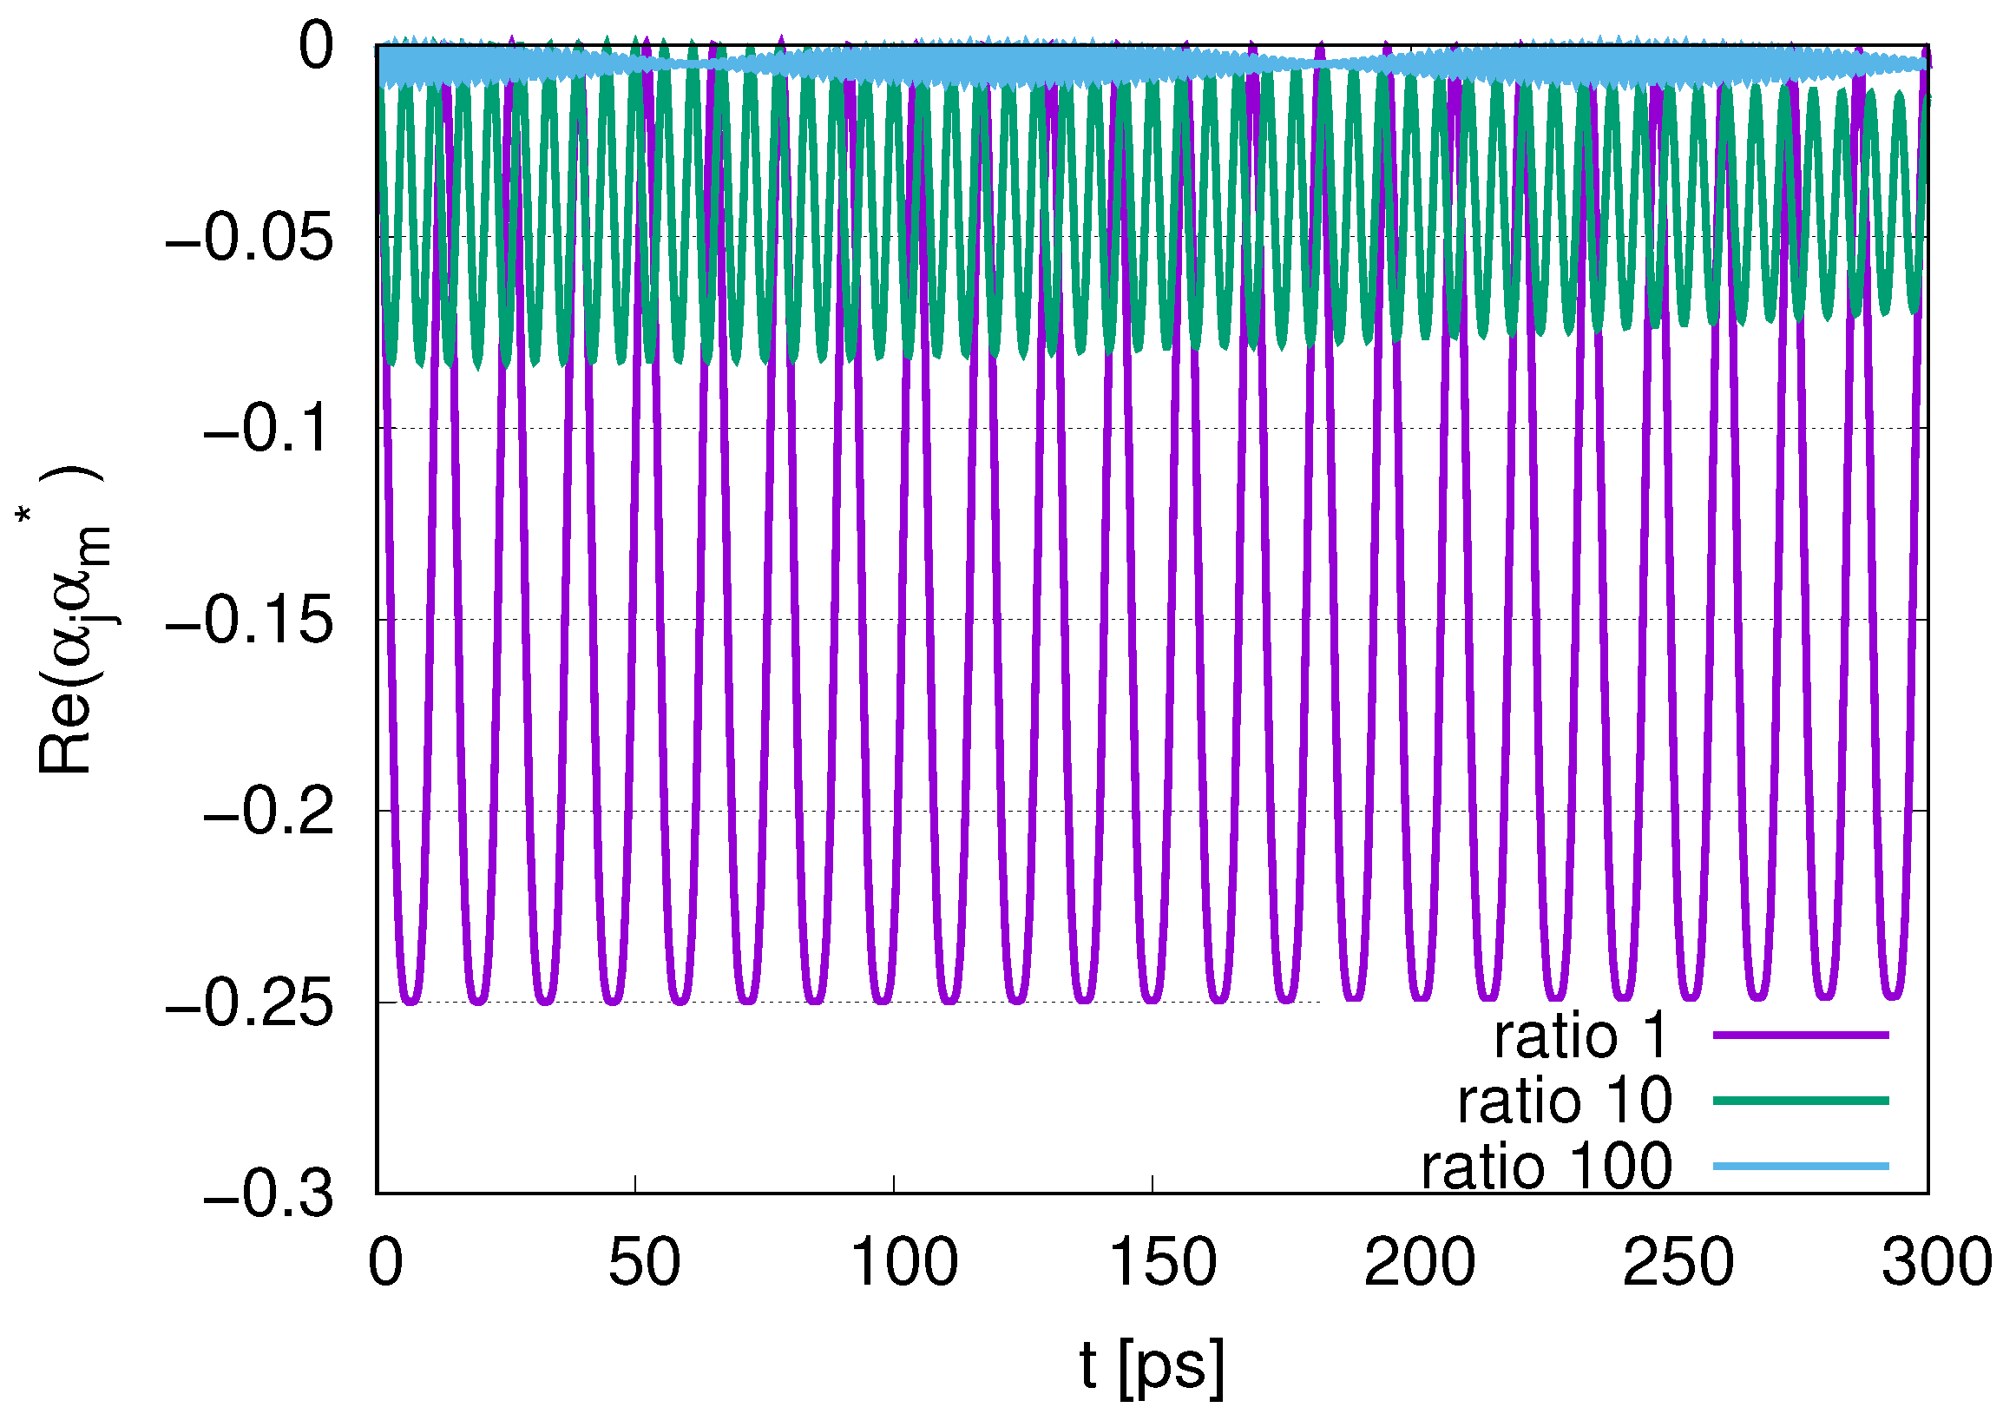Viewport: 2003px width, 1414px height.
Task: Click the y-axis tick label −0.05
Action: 249,237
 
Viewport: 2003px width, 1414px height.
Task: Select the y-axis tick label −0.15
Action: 249,622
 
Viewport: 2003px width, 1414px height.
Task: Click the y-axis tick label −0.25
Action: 249,1004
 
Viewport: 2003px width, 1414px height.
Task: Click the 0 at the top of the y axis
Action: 316,45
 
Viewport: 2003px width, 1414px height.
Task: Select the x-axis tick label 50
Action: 644,1262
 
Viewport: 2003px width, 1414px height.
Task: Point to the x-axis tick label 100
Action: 903,1262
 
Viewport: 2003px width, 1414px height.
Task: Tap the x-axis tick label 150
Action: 1162,1262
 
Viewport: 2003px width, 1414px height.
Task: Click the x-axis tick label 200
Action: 1420,1262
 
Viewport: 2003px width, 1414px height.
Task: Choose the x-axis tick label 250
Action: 1678,1262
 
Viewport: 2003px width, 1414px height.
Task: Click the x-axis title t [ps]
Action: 1152,1365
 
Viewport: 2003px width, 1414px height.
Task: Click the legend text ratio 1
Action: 1579,1036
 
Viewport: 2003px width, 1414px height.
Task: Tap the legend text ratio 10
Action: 1564,1101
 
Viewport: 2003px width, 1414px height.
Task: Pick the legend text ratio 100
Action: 1546,1167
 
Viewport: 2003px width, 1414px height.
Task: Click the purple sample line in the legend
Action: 1801,1035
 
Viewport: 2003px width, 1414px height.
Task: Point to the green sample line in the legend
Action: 1801,1101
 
